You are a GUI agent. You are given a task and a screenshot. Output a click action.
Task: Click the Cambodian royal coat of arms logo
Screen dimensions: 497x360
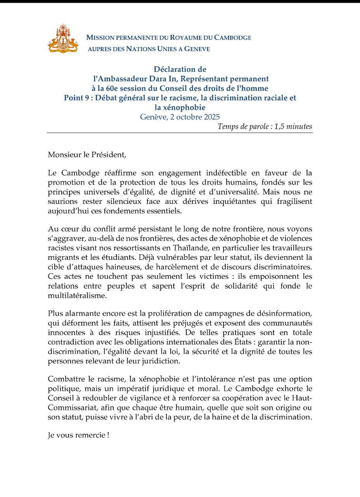[x=63, y=38]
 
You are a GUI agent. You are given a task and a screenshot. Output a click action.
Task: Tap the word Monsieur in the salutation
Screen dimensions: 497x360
[x=63, y=154]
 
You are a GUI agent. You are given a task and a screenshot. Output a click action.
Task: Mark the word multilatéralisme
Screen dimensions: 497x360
[x=76, y=296]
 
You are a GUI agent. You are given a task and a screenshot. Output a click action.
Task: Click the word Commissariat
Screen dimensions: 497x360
[x=69, y=408]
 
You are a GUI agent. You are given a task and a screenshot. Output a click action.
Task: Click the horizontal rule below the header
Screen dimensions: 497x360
[x=180, y=133]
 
